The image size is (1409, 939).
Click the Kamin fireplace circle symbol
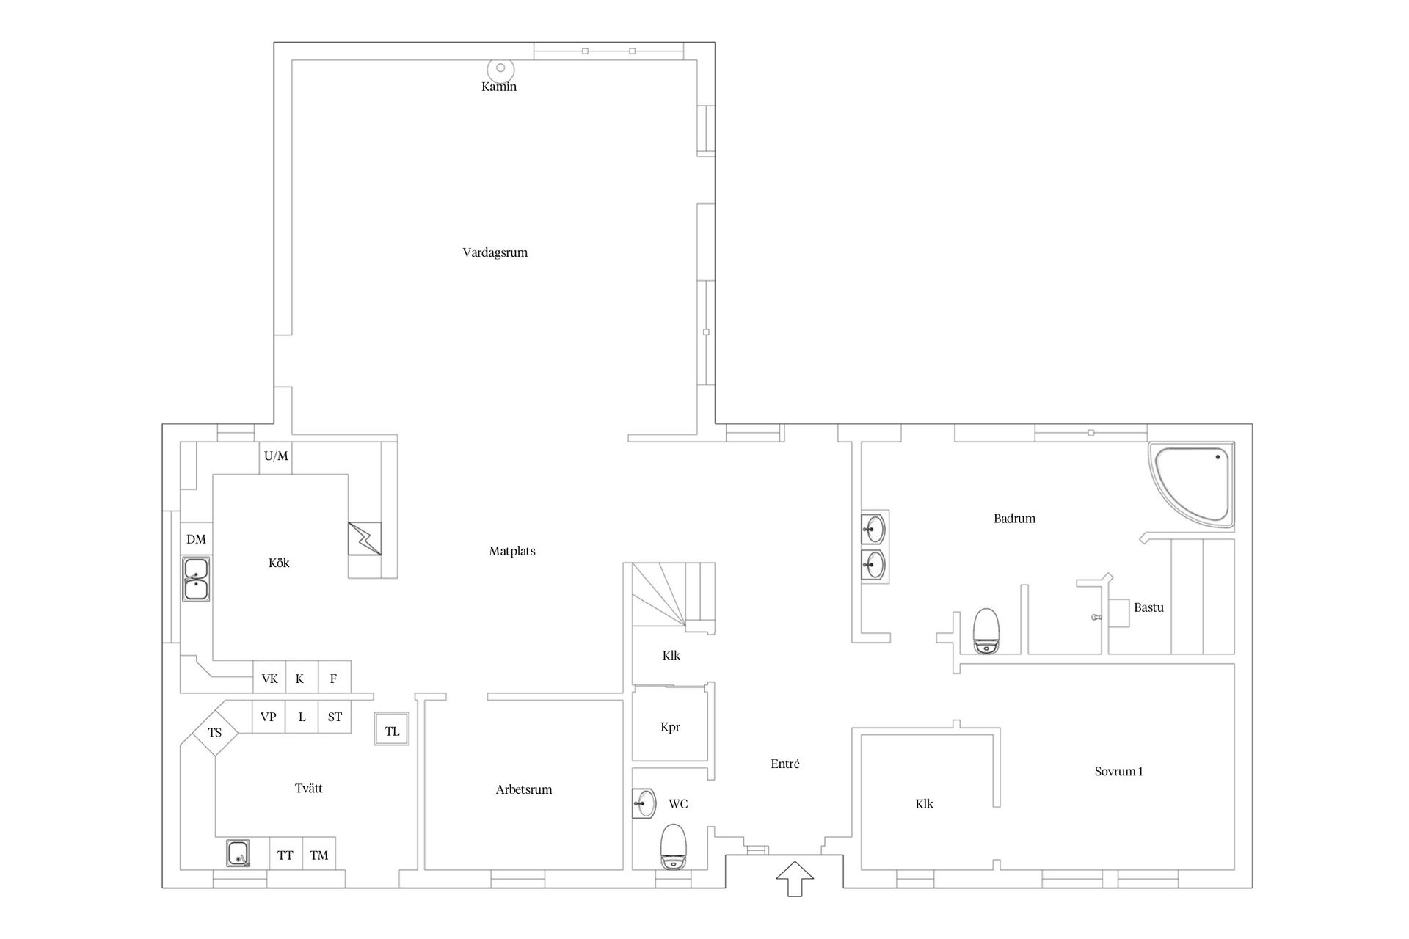[x=500, y=69]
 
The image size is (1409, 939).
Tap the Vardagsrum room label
[x=495, y=252]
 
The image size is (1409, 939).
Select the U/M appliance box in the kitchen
[x=276, y=457]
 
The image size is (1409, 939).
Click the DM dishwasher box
[x=196, y=539]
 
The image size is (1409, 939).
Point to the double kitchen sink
[x=196, y=579]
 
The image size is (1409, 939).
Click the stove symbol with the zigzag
[x=365, y=538]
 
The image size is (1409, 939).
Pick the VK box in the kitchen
[x=269, y=679]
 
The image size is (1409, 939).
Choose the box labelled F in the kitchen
[x=334, y=679]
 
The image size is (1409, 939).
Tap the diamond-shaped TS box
[x=215, y=732]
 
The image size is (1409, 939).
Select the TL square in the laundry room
[x=392, y=730]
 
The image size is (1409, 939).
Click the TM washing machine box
[x=319, y=854]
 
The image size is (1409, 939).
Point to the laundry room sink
[x=238, y=854]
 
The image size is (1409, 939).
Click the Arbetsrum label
[x=524, y=789]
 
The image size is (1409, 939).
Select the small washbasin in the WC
[x=644, y=803]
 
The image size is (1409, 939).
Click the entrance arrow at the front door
[x=795, y=879]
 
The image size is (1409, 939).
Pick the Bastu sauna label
[x=1148, y=607]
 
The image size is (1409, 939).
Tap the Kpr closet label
[x=670, y=727]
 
